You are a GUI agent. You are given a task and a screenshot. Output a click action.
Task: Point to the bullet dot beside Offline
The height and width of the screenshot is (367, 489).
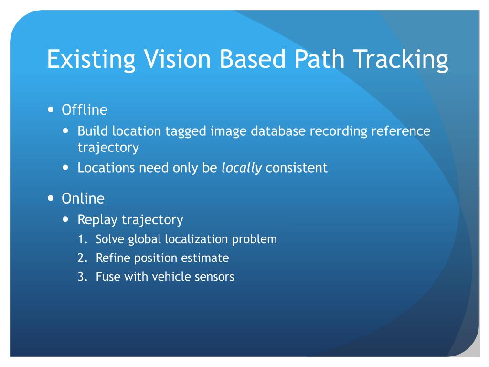(52, 109)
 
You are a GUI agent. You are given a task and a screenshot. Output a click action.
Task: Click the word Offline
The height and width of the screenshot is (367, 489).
(85, 110)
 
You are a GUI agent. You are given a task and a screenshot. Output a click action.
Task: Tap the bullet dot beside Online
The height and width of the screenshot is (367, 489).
(52, 198)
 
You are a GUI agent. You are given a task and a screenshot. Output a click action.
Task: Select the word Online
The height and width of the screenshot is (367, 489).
(83, 198)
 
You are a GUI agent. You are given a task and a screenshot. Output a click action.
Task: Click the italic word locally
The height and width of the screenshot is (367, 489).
(242, 168)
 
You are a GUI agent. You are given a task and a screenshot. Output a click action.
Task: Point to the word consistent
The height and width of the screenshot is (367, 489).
(297, 168)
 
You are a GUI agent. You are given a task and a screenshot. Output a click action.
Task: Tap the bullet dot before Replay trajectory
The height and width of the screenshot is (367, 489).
(67, 219)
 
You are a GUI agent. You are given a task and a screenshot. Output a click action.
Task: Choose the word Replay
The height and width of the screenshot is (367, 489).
(98, 220)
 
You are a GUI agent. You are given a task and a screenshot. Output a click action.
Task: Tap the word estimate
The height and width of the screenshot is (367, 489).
(206, 258)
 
